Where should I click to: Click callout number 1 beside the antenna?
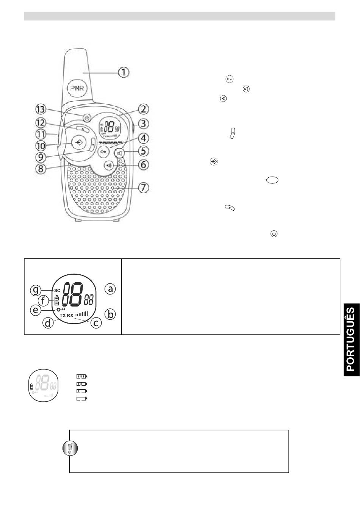(x=124, y=72)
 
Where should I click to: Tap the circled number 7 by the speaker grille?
(x=143, y=188)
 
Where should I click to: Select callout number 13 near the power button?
(x=41, y=110)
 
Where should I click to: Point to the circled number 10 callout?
(x=41, y=145)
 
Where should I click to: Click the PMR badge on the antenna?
(x=77, y=89)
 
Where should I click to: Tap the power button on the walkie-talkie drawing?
(x=87, y=117)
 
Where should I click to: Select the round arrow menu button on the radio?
(x=78, y=143)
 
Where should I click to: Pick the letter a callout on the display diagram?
(x=110, y=289)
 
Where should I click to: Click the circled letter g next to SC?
(x=36, y=291)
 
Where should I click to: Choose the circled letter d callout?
(x=49, y=324)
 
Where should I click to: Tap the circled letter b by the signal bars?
(x=110, y=314)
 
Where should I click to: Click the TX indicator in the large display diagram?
(x=63, y=315)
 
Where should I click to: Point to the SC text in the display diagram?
(x=57, y=291)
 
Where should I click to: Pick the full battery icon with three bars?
(x=81, y=377)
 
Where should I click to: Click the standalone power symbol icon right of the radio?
(x=274, y=234)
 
